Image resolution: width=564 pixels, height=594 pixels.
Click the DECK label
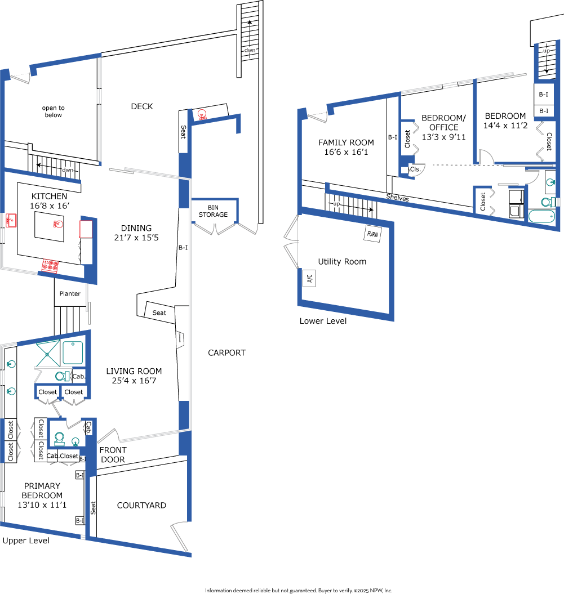(142, 106)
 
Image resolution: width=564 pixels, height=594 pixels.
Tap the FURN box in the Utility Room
(372, 234)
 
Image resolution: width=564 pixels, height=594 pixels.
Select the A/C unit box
(309, 278)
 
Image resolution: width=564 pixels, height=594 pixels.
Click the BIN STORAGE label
(213, 211)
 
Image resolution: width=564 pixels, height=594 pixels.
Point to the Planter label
(70, 293)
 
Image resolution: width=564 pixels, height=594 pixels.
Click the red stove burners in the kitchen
(50, 265)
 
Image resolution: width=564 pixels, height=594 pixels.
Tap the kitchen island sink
(58, 224)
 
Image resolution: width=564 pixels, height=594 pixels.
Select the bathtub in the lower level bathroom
(541, 217)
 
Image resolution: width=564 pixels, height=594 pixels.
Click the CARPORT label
(227, 352)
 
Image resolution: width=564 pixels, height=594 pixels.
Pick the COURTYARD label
(141, 506)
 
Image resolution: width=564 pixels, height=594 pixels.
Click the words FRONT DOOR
(113, 454)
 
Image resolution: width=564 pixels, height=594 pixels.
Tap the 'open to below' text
(54, 111)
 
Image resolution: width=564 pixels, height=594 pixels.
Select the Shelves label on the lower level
(398, 197)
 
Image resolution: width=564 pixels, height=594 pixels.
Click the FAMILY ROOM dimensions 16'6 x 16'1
(346, 152)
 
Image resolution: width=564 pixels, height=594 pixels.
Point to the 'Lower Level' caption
(323, 321)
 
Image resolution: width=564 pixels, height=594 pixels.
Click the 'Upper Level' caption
(26, 541)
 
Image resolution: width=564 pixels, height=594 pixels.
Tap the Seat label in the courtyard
(93, 508)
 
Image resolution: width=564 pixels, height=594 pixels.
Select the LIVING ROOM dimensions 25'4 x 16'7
(134, 381)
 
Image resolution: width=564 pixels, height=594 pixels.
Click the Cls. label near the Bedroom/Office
(415, 169)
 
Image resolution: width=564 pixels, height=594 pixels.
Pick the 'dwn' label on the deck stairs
(250, 50)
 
